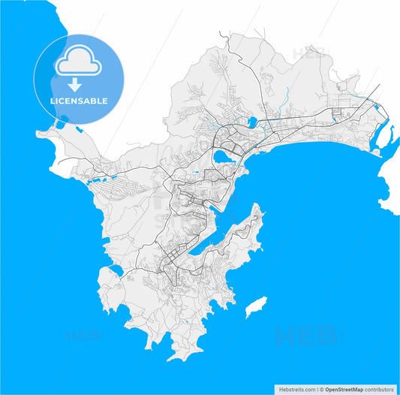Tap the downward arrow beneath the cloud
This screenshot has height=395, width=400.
(78, 83)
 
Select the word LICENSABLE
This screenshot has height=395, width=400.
(78, 101)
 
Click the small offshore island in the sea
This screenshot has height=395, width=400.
(255, 306)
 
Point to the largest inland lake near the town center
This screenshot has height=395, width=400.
(223, 156)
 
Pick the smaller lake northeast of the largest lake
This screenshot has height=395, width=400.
(252, 121)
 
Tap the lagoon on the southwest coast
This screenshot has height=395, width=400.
(116, 270)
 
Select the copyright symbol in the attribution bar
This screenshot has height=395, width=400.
(320, 389)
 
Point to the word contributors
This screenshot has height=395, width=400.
(379, 389)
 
